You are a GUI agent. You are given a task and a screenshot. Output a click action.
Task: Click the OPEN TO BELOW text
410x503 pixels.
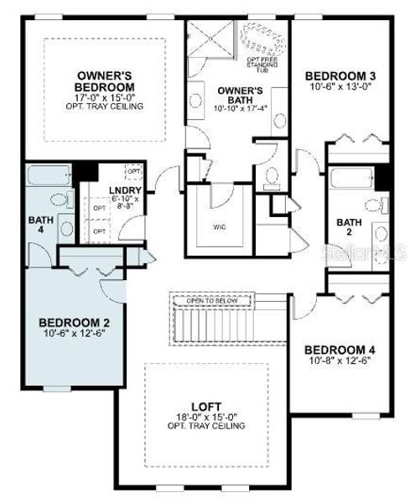point(214,301)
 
